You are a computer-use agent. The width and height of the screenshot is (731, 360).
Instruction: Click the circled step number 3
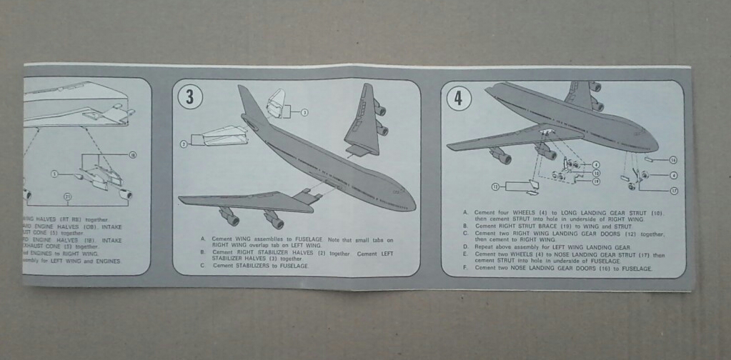pos(189,97)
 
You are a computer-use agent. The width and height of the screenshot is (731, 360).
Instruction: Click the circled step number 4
pos(458,98)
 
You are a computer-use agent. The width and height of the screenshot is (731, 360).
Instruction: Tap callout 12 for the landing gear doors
pos(494,186)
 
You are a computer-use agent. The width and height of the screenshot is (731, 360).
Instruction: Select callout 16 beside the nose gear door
pos(672,159)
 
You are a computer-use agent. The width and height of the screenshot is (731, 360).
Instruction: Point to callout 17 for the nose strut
pos(673,191)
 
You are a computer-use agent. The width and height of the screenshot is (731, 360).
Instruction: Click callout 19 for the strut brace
pos(595,181)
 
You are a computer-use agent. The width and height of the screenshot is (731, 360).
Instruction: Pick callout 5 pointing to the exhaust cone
pos(54,173)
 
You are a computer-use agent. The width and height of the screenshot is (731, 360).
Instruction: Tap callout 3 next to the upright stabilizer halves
pos(304,112)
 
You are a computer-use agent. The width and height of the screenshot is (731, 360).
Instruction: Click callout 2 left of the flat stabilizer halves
pos(184,144)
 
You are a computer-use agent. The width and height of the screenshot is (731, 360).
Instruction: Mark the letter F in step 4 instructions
pos(466,268)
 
